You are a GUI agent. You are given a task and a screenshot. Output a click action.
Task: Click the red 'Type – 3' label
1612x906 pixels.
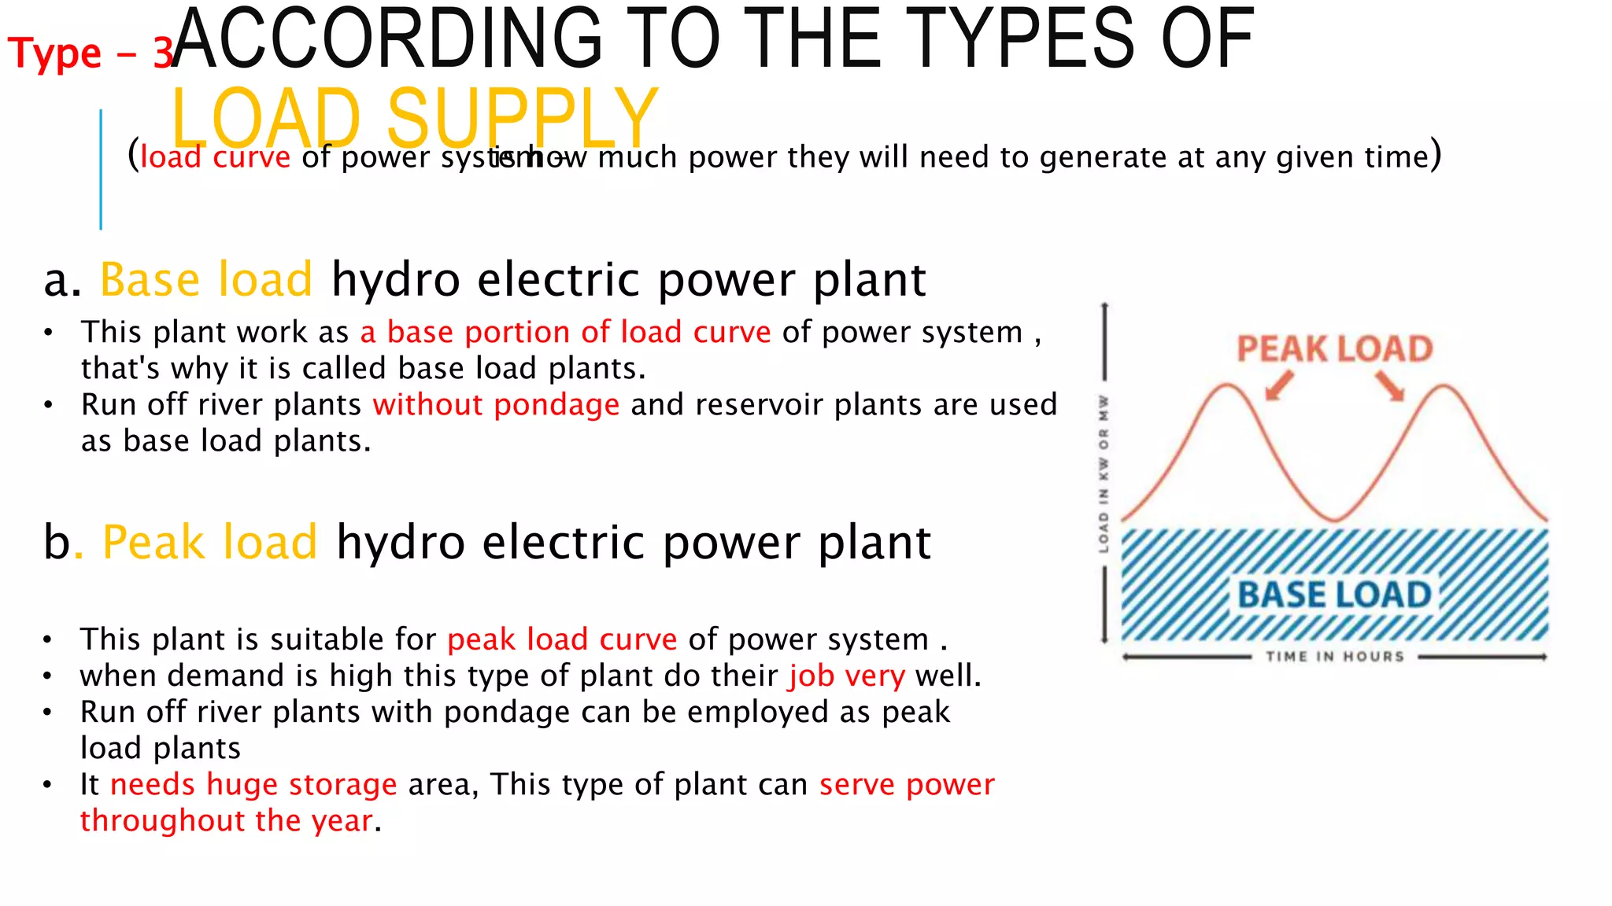click(x=90, y=53)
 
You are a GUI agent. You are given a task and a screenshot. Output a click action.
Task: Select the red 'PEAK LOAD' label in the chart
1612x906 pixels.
click(x=1334, y=349)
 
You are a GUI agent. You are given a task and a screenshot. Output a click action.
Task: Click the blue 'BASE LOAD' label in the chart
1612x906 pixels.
click(x=1334, y=595)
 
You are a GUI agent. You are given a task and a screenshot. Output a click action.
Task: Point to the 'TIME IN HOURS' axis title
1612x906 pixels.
click(x=1335, y=657)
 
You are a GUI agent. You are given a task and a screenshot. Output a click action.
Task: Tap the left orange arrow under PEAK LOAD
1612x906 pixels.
click(x=1279, y=386)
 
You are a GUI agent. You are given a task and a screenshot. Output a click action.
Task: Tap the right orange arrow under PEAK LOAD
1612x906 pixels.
click(x=1391, y=386)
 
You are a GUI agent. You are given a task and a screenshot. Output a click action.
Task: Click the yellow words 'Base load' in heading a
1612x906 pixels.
click(x=206, y=280)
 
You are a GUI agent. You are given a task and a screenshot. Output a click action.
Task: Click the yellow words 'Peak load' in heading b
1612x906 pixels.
click(x=209, y=543)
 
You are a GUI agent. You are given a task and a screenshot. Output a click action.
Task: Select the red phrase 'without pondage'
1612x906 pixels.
click(x=496, y=405)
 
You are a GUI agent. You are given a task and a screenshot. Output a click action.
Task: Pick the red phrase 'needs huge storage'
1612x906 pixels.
click(x=253, y=785)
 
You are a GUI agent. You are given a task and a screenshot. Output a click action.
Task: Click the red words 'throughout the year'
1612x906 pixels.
click(x=227, y=821)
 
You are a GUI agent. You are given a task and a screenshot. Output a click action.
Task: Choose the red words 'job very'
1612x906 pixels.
click(x=847, y=676)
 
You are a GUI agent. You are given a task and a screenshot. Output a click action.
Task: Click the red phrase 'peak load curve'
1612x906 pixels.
click(x=562, y=640)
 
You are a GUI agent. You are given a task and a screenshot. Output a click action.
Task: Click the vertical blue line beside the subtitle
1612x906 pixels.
click(x=101, y=170)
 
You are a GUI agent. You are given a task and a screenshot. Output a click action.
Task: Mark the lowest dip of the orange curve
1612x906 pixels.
click(x=1335, y=519)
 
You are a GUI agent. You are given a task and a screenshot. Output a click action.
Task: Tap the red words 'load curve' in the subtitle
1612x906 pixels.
click(x=216, y=157)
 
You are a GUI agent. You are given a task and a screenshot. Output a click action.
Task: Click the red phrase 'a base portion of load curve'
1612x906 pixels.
click(x=565, y=333)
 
